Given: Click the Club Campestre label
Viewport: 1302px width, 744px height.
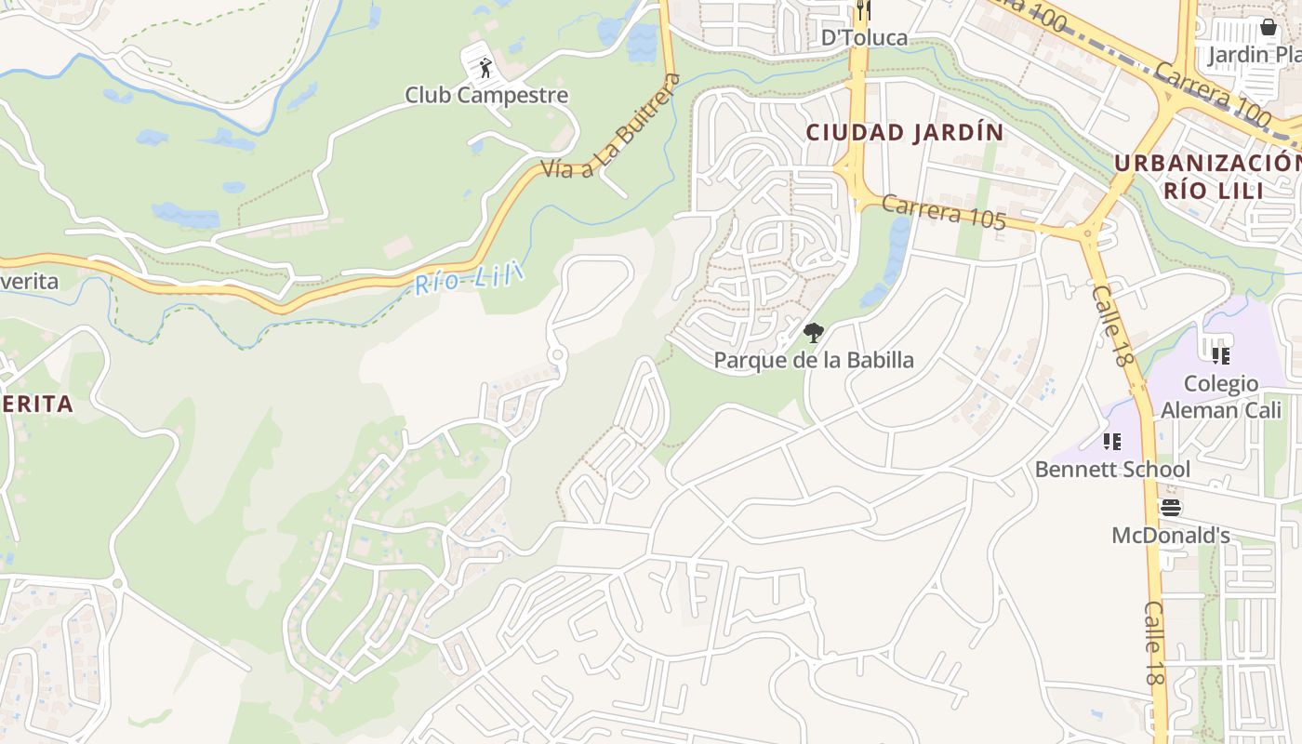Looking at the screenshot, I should [486, 95].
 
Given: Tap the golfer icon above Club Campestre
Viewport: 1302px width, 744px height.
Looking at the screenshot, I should [485, 67].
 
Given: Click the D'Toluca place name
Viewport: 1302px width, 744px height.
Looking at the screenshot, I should [864, 37].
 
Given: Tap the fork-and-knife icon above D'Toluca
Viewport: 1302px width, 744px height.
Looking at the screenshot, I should [864, 10].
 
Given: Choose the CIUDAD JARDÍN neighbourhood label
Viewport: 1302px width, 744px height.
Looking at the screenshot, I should [905, 133].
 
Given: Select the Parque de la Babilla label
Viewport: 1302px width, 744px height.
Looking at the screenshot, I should [814, 360].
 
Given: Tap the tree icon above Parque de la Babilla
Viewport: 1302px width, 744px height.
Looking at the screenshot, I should [814, 332].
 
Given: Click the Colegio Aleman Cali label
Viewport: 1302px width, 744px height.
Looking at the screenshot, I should [1221, 396].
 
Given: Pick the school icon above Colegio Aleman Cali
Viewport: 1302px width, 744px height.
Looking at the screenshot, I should [1221, 355].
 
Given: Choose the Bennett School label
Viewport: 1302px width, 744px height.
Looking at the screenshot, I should [1112, 469].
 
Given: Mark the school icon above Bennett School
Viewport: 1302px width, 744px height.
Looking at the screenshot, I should [1111, 442].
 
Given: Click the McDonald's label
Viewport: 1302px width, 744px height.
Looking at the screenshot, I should [1171, 536].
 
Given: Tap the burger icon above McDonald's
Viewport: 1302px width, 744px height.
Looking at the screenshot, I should [1171, 508].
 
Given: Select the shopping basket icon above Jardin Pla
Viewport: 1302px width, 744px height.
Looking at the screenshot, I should [1268, 27].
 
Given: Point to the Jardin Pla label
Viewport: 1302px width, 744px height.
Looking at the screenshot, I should [1254, 54].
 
